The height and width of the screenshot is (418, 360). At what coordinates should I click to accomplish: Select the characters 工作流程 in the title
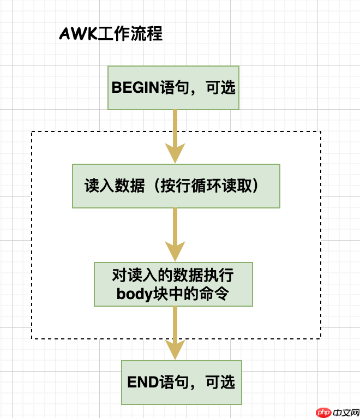(x=130, y=34)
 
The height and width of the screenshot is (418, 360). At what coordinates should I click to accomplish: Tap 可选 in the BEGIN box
(x=221, y=87)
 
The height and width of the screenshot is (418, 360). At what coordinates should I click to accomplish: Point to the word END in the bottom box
(x=143, y=381)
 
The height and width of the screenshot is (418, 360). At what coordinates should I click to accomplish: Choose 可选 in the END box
(x=220, y=381)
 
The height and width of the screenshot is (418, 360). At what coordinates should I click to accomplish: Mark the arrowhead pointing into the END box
(x=175, y=350)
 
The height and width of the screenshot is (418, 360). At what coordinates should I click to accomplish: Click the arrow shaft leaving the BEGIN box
(x=175, y=126)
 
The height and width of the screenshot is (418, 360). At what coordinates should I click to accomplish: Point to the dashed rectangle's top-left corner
(x=32, y=132)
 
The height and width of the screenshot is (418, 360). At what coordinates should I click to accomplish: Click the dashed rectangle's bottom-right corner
(x=321, y=339)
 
